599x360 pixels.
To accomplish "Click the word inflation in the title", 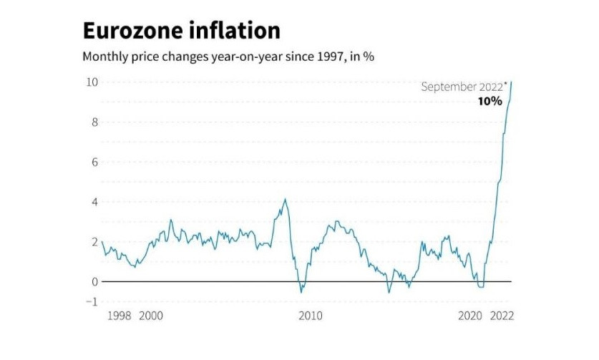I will tap(237, 31).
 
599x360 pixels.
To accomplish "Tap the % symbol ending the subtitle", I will tap(368, 57).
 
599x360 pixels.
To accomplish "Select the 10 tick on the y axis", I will tap(92, 82).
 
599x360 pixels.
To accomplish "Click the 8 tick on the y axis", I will tap(94, 122).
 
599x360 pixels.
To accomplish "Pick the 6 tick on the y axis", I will tap(94, 162).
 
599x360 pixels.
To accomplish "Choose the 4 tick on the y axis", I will tap(94, 201).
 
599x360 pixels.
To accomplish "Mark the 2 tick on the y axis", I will tap(94, 241).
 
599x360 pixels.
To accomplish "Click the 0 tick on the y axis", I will tap(94, 281).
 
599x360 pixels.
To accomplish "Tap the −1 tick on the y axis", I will tap(91, 301).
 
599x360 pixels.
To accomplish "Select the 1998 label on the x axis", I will tap(118, 316).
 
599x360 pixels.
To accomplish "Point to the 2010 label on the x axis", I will tap(310, 316).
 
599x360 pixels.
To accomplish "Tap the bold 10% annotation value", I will tap(490, 101).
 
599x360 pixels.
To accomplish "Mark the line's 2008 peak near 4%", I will tap(286, 200).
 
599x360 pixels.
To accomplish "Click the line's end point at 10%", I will tap(511, 82).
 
